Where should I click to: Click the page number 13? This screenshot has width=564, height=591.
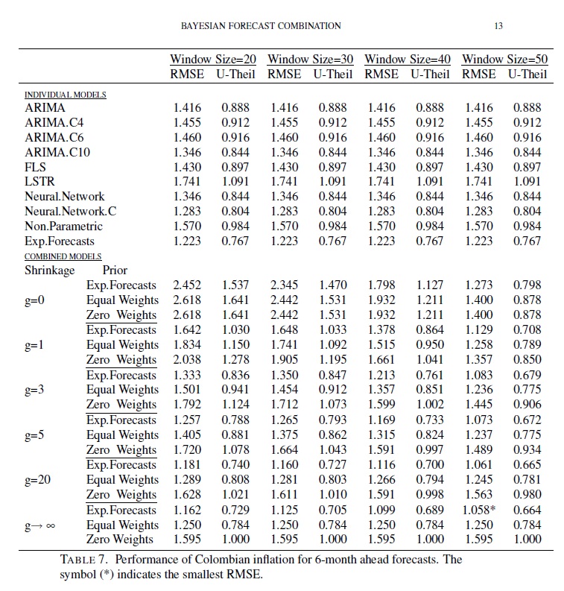click(x=498, y=26)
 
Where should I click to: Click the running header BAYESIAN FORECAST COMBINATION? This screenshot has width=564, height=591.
click(x=261, y=26)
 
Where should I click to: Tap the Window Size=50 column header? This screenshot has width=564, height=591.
click(x=504, y=59)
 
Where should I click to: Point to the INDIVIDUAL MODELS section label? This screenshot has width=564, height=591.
click(x=65, y=95)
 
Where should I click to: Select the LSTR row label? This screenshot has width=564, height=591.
click(x=39, y=182)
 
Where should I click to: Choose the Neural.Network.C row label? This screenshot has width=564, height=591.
click(x=71, y=212)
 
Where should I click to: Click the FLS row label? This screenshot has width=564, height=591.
click(x=36, y=168)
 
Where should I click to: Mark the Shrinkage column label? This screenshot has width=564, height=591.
click(x=50, y=271)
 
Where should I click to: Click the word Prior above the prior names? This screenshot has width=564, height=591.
click(x=115, y=271)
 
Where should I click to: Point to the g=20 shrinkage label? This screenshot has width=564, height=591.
click(x=38, y=480)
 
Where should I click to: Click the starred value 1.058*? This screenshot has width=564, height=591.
click(x=481, y=510)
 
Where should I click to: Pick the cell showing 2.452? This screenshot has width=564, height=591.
click(x=186, y=285)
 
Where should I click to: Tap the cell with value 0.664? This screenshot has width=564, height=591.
click(x=527, y=510)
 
